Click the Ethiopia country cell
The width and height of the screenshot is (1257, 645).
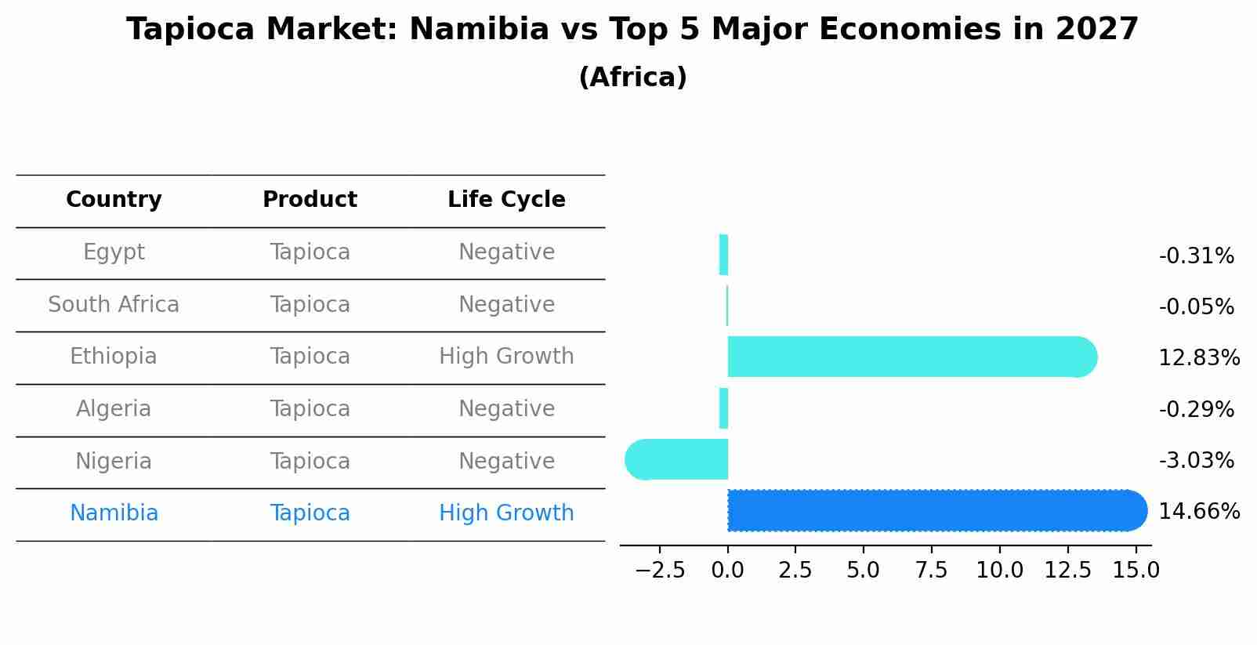click(114, 357)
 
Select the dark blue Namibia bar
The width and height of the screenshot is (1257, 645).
click(933, 510)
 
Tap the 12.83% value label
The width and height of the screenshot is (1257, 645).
click(1198, 358)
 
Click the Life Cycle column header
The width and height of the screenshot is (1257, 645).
click(506, 200)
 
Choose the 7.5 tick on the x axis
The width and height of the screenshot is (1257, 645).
click(931, 570)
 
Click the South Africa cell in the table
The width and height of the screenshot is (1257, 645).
click(114, 304)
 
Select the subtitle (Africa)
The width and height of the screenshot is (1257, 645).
click(632, 78)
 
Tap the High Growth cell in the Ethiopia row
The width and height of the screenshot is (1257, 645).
click(506, 357)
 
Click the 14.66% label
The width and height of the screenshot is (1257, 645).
click(1198, 512)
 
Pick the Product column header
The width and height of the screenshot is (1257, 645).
click(310, 200)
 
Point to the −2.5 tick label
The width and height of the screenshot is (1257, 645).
click(659, 570)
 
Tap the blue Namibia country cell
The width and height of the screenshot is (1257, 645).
click(114, 513)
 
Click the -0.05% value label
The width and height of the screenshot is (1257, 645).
click(1196, 307)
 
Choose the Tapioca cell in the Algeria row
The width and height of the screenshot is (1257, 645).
click(310, 409)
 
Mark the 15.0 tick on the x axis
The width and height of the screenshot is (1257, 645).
click(1136, 570)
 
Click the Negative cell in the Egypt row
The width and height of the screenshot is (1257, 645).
click(506, 252)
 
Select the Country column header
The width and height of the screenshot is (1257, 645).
click(114, 200)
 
